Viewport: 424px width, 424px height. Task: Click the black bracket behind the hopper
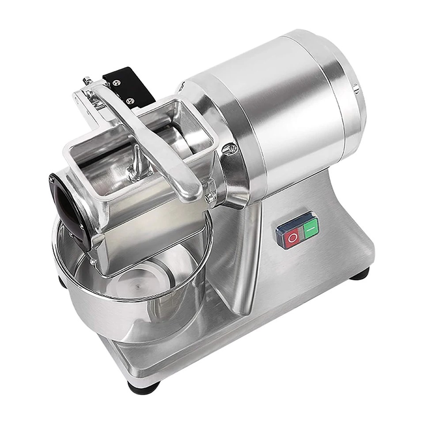tap(128, 86)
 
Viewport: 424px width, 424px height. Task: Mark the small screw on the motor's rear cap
tap(356, 89)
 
